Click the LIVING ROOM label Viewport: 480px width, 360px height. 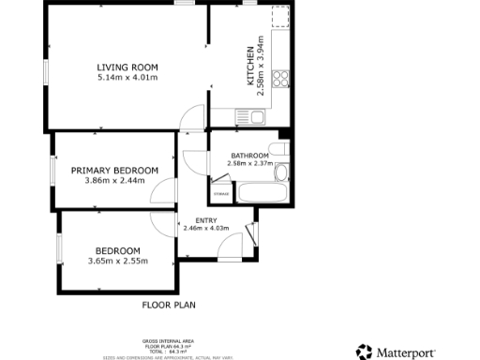tap(127, 67)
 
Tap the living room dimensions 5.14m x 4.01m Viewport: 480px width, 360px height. tap(127, 78)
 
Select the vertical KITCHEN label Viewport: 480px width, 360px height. tap(249, 67)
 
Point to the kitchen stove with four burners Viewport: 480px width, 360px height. tap(280, 82)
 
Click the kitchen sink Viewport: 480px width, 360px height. tap(257, 118)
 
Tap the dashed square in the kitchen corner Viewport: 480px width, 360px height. tap(279, 16)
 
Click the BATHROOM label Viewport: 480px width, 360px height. tap(250, 155)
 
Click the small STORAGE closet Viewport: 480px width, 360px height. tap(221, 193)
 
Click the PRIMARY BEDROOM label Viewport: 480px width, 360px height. tap(114, 170)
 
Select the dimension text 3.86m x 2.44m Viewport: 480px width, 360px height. tap(114, 180)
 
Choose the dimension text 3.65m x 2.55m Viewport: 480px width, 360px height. tap(117, 261)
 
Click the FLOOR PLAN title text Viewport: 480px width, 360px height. tap(169, 305)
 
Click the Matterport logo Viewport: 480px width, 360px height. tap(395, 352)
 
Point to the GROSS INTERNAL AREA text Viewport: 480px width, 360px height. tap(169, 342)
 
